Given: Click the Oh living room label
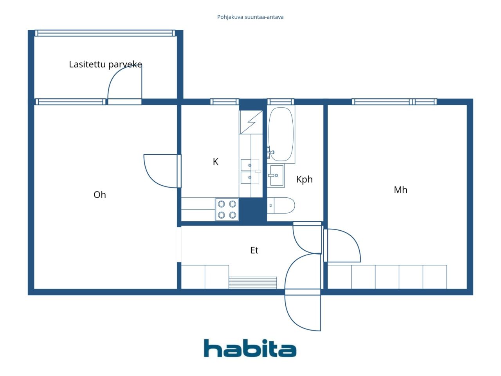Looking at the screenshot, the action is tap(100, 195).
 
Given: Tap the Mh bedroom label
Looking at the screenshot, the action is tap(400, 190).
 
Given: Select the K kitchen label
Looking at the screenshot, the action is tap(215, 162).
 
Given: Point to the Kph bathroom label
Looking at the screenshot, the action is tap(304, 180).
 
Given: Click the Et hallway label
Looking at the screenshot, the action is tap(254, 250).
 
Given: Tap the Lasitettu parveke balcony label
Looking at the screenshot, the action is tap(105, 64).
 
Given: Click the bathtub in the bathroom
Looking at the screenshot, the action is tap(281, 134).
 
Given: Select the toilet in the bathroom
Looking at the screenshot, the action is tap(281, 206).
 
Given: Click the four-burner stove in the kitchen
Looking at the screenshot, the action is tap(227, 209).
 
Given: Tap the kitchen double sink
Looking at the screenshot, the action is tap(250, 171).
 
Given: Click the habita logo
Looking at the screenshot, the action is tap(250, 348).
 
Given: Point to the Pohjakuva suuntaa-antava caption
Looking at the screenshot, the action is tap(250, 17).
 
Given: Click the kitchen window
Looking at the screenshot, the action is tap(225, 102).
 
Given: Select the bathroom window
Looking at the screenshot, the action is tap(281, 102).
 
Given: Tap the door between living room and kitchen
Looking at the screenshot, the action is tap(179, 171).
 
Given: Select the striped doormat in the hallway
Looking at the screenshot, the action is tap(253, 283).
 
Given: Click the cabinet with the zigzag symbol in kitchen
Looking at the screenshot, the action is tap(251, 122).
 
